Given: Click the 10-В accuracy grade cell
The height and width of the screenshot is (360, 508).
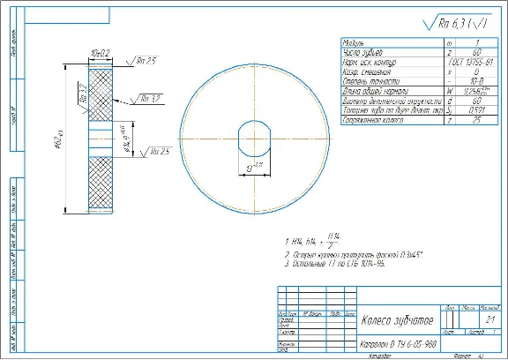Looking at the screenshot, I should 477,79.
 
